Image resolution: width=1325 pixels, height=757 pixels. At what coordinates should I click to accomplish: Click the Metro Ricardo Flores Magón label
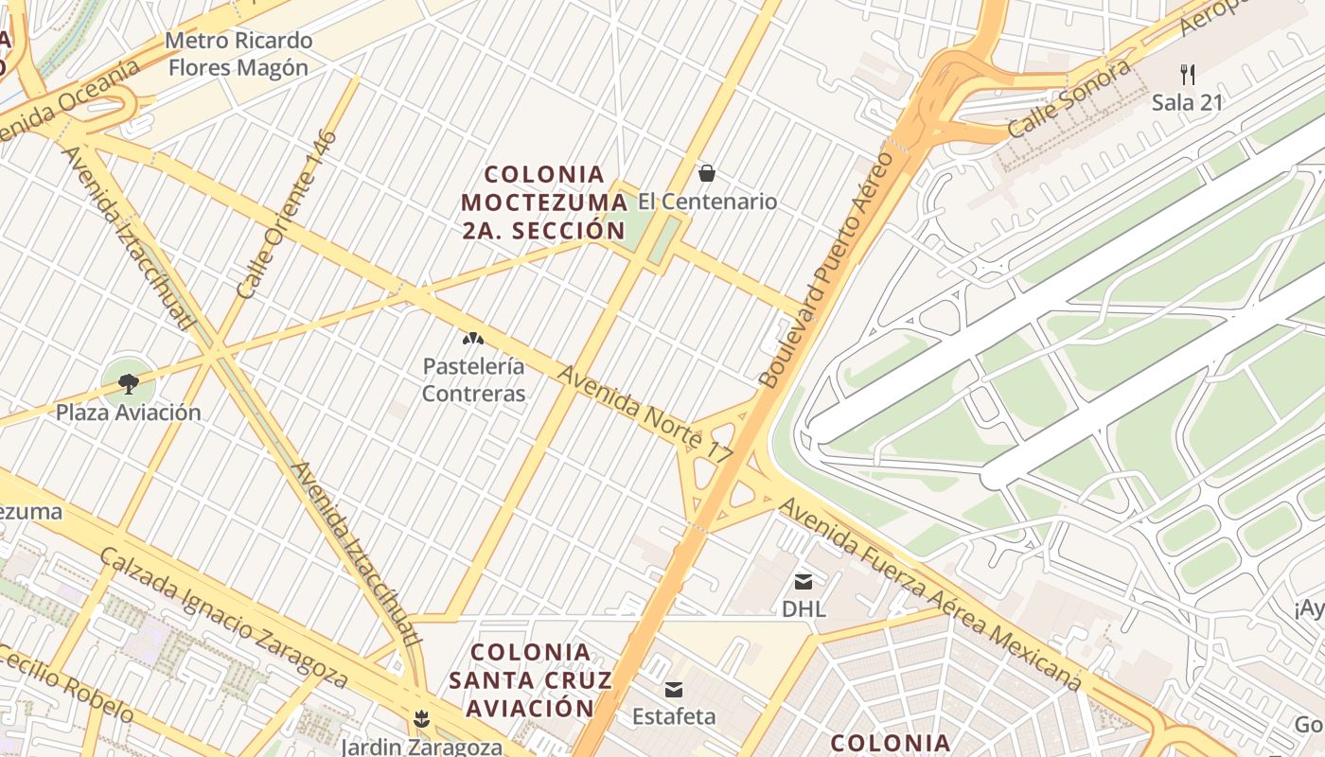click(238, 54)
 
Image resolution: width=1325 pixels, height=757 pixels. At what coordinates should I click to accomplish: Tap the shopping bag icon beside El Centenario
click(706, 173)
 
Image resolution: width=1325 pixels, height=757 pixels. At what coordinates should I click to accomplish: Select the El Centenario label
click(707, 202)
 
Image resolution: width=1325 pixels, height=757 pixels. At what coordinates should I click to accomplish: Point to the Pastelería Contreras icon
click(472, 338)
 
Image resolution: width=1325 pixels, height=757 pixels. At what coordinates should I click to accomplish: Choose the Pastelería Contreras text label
click(473, 379)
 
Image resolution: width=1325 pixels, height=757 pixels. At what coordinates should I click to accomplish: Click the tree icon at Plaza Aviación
click(128, 383)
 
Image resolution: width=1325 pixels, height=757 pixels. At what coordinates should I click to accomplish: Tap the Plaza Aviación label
click(128, 413)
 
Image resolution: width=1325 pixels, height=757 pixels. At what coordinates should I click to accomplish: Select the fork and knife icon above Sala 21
click(1188, 74)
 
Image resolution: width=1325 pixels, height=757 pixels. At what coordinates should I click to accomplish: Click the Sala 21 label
click(1188, 102)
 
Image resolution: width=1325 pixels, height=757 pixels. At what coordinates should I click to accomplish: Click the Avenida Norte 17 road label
click(645, 414)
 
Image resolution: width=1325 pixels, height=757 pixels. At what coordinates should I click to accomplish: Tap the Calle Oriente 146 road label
click(287, 215)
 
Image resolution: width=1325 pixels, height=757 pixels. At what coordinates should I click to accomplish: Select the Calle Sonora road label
click(1069, 98)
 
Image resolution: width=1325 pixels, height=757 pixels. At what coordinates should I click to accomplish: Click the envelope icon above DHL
click(804, 581)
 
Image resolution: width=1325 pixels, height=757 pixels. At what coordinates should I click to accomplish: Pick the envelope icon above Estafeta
click(674, 690)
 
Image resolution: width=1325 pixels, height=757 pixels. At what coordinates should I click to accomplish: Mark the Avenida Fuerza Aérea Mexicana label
click(929, 594)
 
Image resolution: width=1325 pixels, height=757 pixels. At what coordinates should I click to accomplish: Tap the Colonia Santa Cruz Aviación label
click(531, 679)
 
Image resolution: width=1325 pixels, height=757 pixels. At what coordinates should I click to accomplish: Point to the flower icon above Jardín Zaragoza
click(421, 719)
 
